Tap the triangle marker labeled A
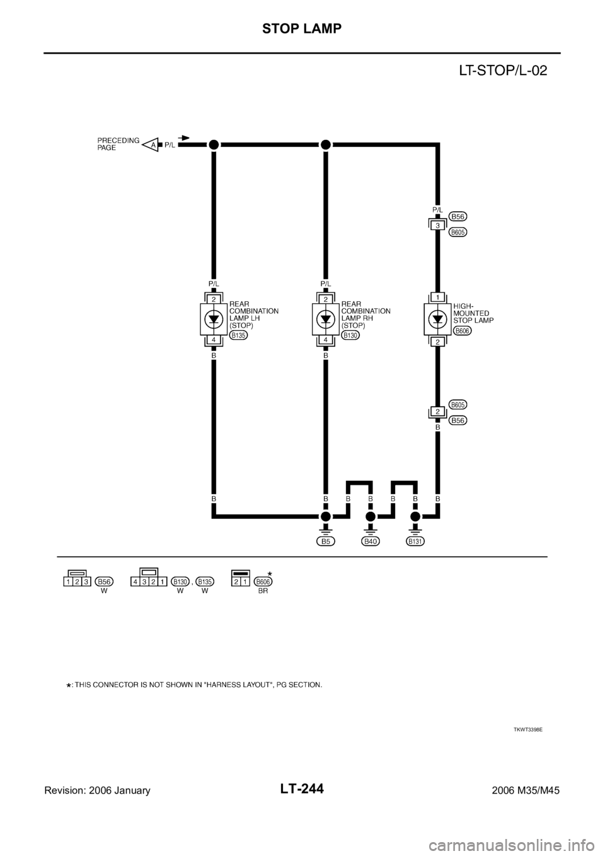tap(151, 144)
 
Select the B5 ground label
tap(326, 541)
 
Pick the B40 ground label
tap(371, 541)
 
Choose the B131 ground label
tap(415, 541)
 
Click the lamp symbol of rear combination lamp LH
tap(214, 319)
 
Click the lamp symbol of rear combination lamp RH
tap(326, 319)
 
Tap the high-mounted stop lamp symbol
tap(437, 319)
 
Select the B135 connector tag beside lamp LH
tap(238, 336)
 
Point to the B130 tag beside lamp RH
tap(350, 336)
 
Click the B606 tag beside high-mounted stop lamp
tap(463, 330)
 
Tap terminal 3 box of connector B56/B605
tap(437, 225)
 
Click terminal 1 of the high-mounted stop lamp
tap(437, 297)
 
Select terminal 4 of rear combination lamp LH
tap(214, 341)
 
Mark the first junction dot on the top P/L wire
tap(214, 144)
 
